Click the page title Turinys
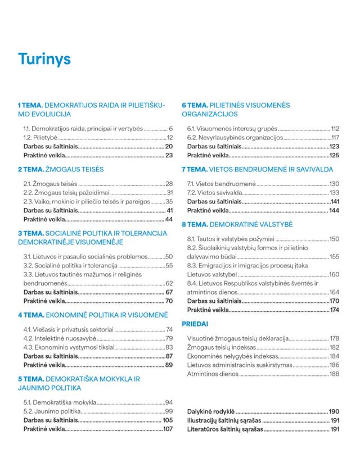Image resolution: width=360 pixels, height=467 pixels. pos(44,58)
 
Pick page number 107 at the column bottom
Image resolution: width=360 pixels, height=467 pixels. pos(167,429)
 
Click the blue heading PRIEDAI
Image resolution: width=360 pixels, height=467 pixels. pos(195,324)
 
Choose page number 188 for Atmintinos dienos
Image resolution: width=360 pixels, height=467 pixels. pos(335,374)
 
